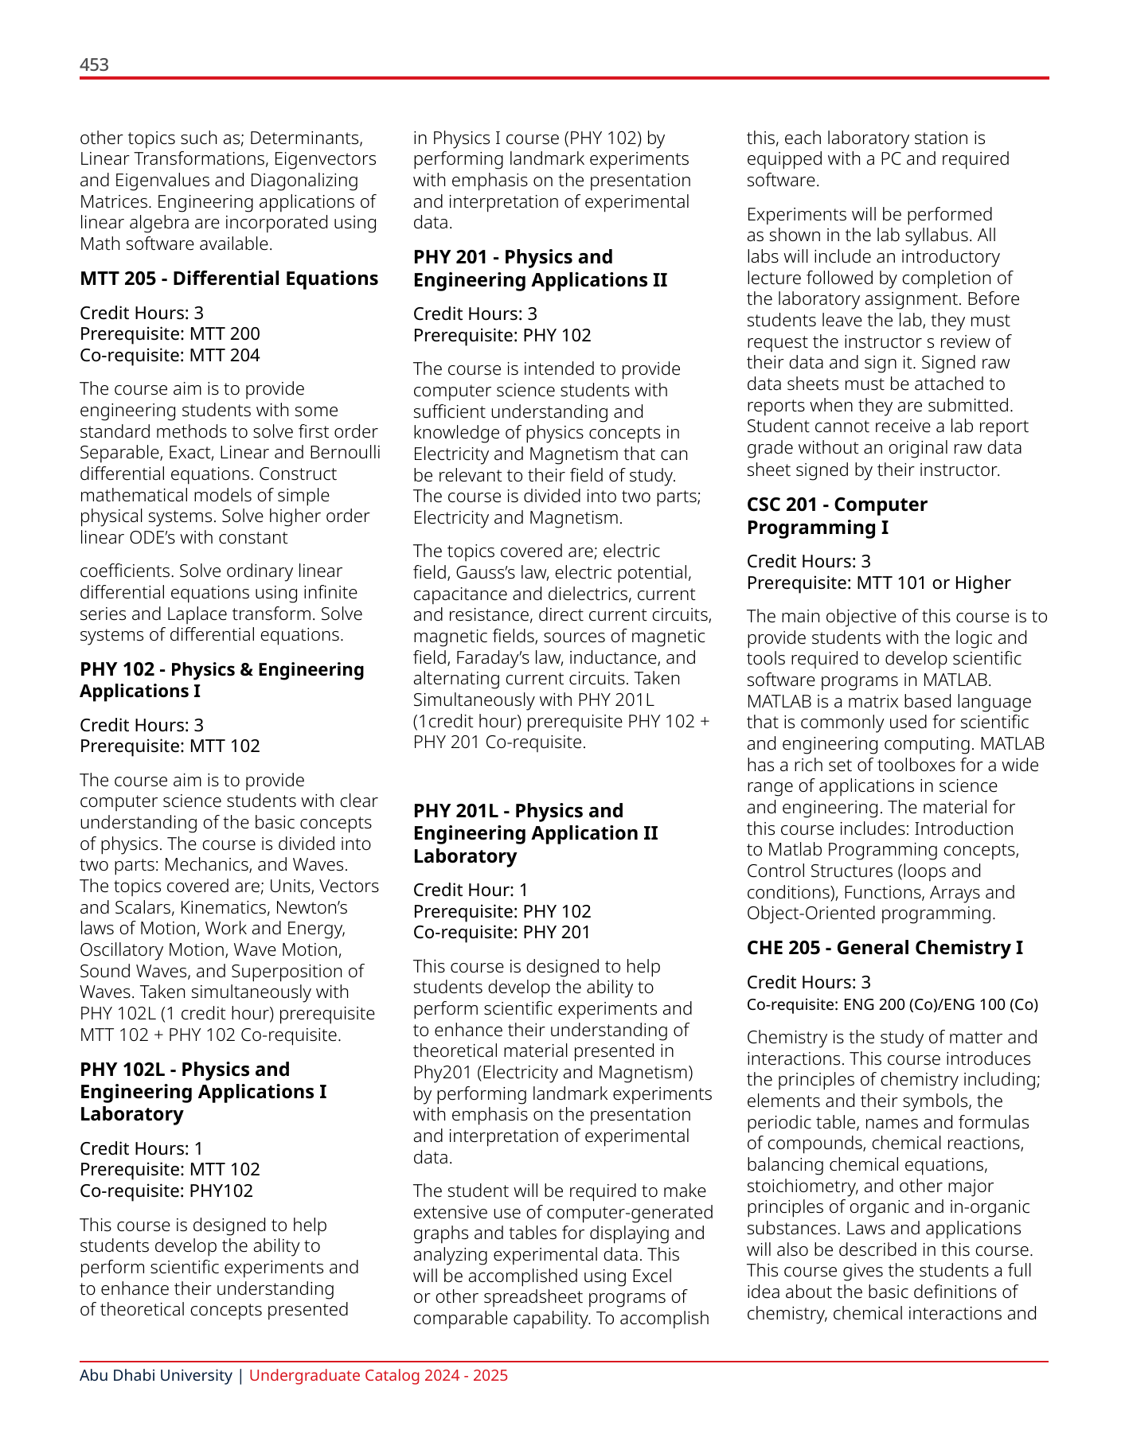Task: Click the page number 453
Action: [94, 64]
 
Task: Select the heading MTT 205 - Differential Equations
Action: [229, 279]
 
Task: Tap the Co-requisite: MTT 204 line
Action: [170, 355]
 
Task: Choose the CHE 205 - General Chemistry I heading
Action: [885, 948]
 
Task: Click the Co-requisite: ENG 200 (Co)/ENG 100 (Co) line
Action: [892, 1004]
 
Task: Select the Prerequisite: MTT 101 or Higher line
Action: [878, 583]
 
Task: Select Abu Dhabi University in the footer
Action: [155, 1375]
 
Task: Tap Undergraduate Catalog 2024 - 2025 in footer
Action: [378, 1375]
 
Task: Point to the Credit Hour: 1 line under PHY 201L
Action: [470, 890]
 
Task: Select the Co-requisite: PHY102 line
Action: [166, 1191]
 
